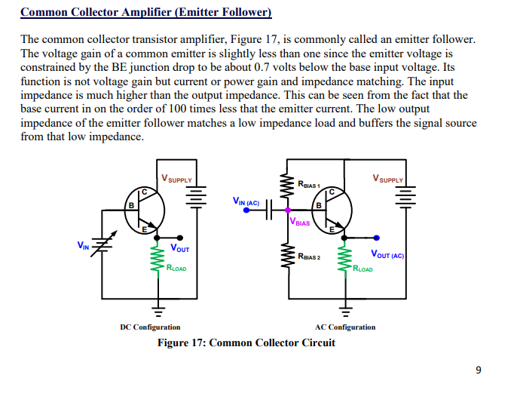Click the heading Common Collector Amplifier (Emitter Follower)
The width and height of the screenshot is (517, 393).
145,13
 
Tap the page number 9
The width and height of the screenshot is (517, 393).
478,370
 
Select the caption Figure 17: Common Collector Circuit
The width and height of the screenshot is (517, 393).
246,343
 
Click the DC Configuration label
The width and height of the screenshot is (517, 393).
150,327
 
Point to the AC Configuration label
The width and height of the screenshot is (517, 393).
344,327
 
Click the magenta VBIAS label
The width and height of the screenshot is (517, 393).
300,223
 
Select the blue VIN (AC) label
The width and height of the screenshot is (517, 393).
246,201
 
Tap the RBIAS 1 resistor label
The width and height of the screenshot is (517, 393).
309,184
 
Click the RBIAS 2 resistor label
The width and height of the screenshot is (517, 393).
309,257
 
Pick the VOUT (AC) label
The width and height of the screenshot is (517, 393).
387,255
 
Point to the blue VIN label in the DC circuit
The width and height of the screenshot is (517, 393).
83,244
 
